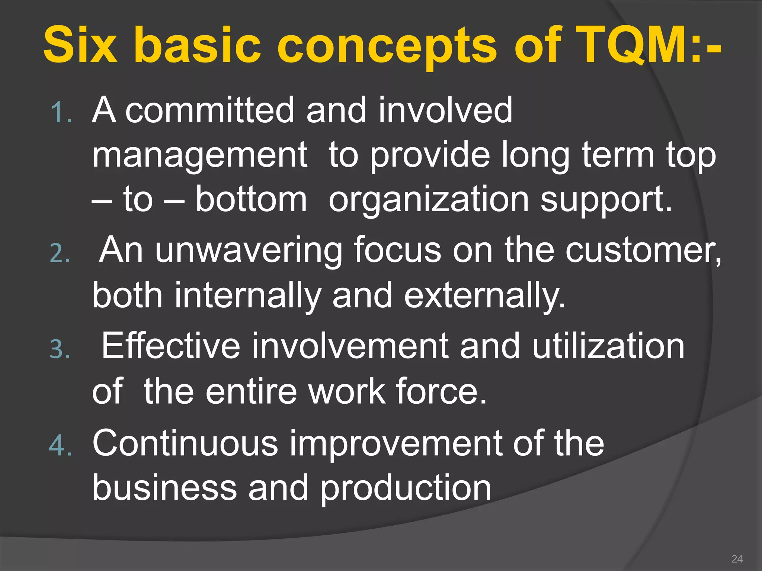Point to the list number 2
[60, 254]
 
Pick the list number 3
[60, 349]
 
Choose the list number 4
[60, 445]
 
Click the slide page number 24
[737, 559]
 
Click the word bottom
[251, 200]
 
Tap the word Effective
[171, 346]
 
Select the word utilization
[608, 346]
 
